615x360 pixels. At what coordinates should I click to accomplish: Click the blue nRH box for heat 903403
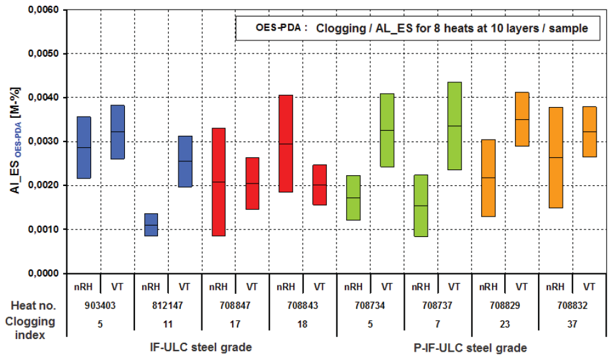(84, 147)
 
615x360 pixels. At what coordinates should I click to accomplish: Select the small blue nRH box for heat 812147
(151, 224)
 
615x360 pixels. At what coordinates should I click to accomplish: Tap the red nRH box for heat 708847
(218, 182)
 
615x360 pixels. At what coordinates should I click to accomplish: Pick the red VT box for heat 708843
(319, 185)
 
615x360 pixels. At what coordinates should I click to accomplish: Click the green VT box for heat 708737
(454, 126)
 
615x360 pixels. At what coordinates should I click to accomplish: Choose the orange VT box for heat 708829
(522, 119)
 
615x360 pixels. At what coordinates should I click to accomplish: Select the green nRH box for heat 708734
(353, 198)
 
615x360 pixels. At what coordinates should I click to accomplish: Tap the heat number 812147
(168, 306)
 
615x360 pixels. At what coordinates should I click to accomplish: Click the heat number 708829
(505, 306)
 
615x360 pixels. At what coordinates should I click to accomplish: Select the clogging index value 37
(572, 323)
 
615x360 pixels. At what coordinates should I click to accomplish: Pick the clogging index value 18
(303, 323)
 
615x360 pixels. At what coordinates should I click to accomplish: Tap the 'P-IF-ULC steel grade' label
(467, 348)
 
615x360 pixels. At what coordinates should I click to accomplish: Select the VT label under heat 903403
(117, 286)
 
